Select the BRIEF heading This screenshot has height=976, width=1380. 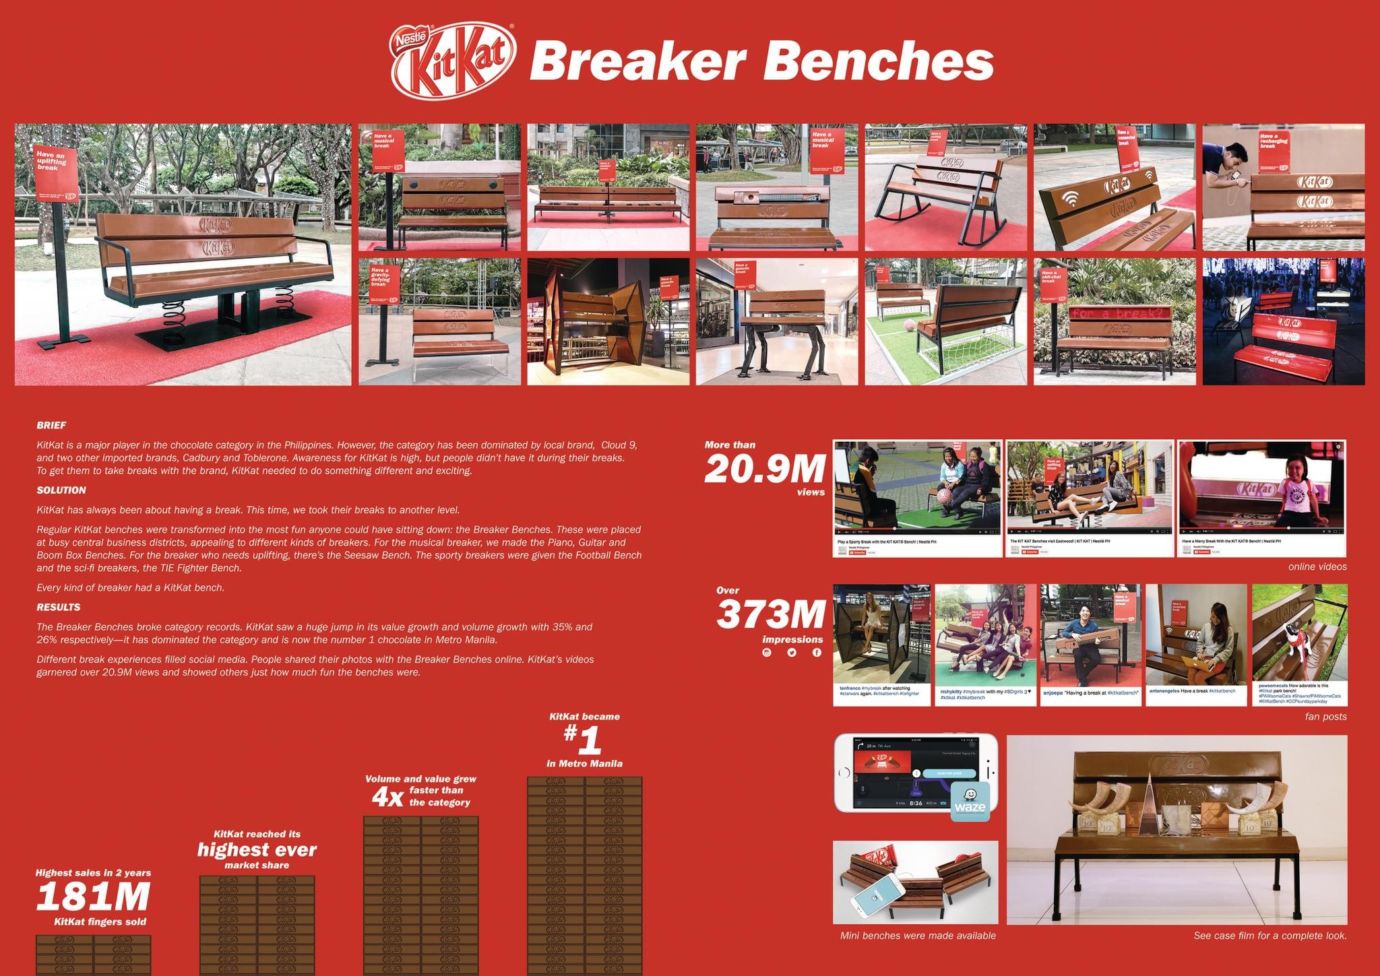51,426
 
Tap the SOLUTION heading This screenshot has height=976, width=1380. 61,490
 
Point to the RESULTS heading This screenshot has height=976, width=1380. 59,607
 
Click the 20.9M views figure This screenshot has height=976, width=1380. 765,469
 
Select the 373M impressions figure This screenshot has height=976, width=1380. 771,614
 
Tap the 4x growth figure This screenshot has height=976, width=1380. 387,798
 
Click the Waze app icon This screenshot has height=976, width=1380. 970,802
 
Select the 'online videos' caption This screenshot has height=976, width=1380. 1317,566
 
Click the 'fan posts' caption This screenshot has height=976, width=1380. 1325,717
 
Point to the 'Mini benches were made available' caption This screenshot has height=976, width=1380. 918,936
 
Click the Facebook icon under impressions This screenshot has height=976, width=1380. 817,652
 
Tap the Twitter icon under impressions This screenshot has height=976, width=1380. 791,652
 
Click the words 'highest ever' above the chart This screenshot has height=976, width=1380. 257,849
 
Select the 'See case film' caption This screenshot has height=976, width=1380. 1269,936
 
